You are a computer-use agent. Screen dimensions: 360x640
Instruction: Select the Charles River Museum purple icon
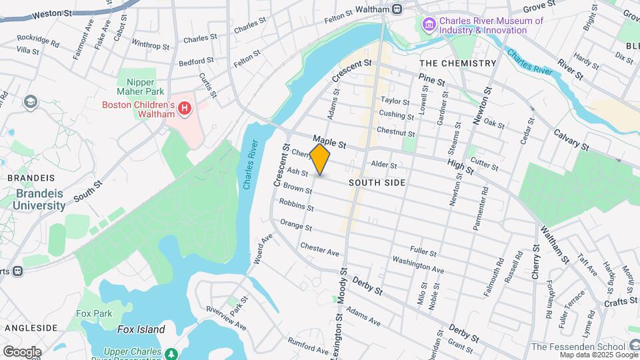(x=429, y=25)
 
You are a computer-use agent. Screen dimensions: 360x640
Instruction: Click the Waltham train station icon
(x=397, y=9)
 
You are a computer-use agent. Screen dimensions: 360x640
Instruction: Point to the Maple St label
(x=330, y=143)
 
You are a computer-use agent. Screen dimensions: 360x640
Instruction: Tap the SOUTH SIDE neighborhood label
(x=377, y=182)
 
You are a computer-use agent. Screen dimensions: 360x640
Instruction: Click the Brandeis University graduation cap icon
(x=30, y=101)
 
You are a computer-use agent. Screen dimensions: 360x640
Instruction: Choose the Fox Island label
(x=141, y=329)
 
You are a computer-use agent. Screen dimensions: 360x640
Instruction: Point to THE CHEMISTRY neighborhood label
(x=457, y=63)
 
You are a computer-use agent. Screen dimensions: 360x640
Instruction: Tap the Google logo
(x=22, y=351)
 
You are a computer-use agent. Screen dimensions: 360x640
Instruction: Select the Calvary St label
(x=571, y=139)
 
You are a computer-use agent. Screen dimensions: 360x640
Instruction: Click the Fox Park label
(x=94, y=313)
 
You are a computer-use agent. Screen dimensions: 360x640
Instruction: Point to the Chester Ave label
(x=320, y=249)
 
